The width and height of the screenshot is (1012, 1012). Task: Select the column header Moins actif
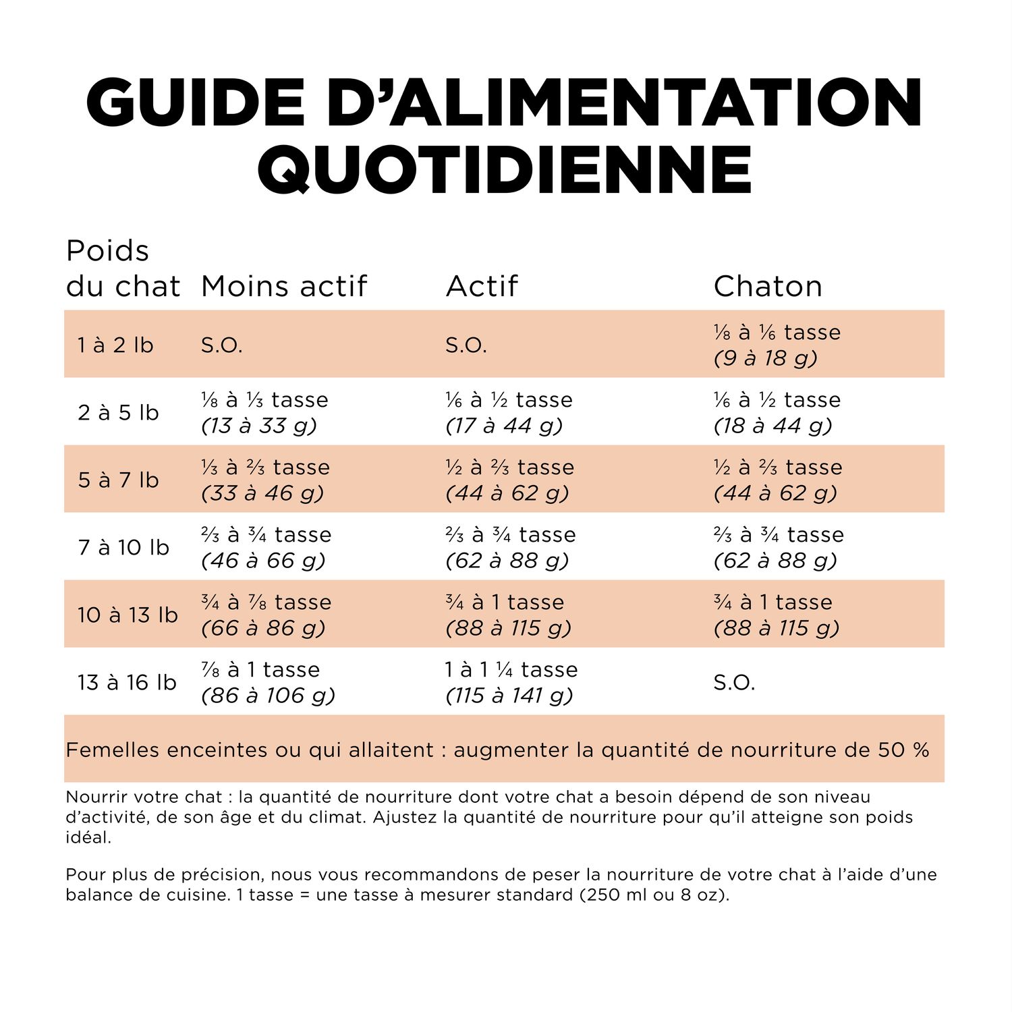pyautogui.click(x=283, y=286)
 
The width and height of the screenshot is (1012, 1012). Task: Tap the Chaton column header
pyautogui.click(x=768, y=286)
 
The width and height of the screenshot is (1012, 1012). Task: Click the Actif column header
pyautogui.click(x=481, y=286)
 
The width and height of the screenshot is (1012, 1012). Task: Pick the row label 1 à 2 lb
pyautogui.click(x=115, y=345)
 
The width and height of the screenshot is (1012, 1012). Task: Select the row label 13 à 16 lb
pyautogui.click(x=127, y=683)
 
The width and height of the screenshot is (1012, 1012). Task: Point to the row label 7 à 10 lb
pyautogui.click(x=123, y=548)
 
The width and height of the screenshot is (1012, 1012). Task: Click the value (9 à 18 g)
pyautogui.click(x=766, y=358)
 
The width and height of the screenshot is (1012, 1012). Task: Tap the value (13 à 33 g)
pyautogui.click(x=259, y=426)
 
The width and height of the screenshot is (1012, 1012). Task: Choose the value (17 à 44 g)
pyautogui.click(x=504, y=426)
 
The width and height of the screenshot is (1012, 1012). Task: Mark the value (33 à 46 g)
pyautogui.click(x=262, y=493)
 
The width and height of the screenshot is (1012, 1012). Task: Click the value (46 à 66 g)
pyautogui.click(x=263, y=561)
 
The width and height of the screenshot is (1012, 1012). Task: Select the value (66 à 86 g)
pyautogui.click(x=263, y=628)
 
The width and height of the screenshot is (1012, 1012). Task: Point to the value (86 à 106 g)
pyautogui.click(x=268, y=696)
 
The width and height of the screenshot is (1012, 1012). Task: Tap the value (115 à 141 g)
pyautogui.click(x=509, y=696)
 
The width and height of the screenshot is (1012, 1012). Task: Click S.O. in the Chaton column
pyautogui.click(x=734, y=683)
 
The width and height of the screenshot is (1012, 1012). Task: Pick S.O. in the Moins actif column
pyautogui.click(x=221, y=345)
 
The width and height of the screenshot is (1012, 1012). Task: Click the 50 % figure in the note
pyautogui.click(x=903, y=750)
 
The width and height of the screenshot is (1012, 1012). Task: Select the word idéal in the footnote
pyautogui.click(x=88, y=837)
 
